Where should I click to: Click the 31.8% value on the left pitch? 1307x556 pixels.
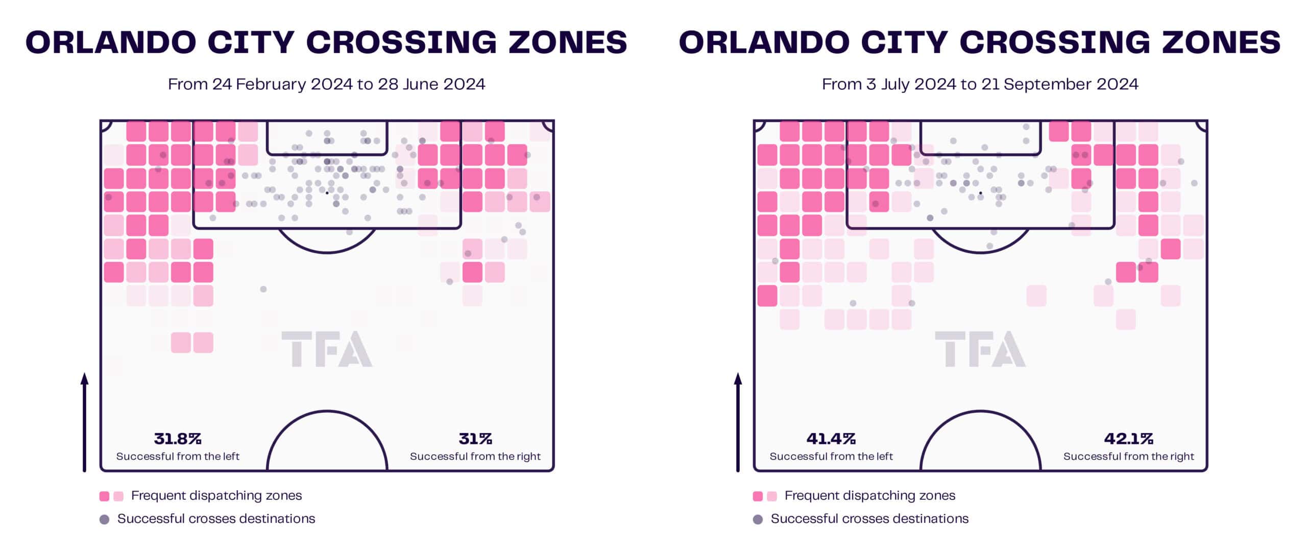(178, 439)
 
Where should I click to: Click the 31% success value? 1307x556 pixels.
(475, 439)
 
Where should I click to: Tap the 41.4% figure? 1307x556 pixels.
(831, 439)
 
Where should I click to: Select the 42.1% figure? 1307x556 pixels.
(1128, 439)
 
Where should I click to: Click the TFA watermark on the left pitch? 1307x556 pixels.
(327, 349)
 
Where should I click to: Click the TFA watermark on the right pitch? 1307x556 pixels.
(980, 349)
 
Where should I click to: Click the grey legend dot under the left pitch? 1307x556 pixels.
(105, 520)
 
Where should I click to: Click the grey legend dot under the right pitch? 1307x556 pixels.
(758, 520)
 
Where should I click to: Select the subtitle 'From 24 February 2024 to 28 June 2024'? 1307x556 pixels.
(327, 84)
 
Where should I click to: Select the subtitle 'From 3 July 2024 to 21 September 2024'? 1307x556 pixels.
(980, 84)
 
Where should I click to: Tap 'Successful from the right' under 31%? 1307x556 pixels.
(475, 456)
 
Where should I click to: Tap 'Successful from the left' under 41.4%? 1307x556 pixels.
(831, 456)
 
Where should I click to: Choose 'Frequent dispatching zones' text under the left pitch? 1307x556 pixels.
(216, 496)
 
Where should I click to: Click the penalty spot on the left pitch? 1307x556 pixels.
(327, 193)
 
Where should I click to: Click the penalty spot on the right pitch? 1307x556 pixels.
(980, 193)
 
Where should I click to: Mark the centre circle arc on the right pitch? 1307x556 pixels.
(980, 412)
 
